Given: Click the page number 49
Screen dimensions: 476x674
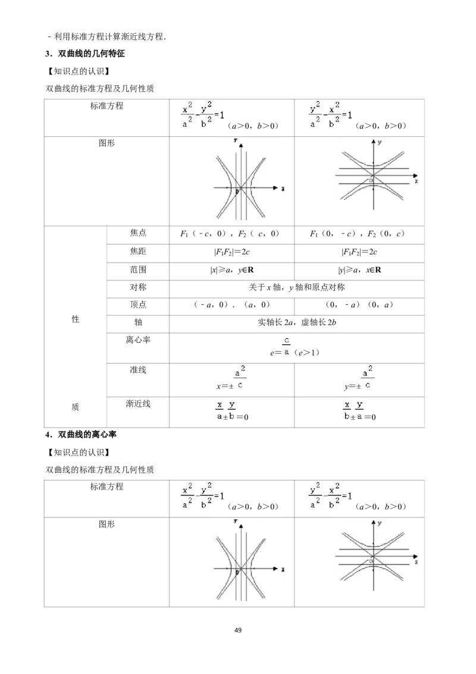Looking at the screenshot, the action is [238, 630].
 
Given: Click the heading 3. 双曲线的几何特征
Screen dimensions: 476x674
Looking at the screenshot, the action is [85, 54].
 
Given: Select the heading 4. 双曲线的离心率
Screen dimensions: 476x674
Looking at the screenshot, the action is [81, 435].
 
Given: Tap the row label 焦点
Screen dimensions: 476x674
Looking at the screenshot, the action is [138, 233].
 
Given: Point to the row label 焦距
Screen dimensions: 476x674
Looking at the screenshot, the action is [138, 251].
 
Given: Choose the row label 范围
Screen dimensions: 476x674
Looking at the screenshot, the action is [138, 270].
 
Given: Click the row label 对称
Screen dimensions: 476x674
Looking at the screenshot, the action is [138, 287].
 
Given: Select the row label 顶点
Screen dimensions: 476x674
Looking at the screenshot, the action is [138, 304].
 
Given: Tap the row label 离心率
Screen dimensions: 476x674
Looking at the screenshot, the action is [138, 340].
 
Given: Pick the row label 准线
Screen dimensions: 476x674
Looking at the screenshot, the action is [138, 370].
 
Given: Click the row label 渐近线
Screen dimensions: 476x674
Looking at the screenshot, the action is [138, 404].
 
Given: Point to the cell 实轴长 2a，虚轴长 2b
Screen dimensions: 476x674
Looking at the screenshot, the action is [297, 322].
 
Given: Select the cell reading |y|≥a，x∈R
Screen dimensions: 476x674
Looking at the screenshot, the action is [359, 270].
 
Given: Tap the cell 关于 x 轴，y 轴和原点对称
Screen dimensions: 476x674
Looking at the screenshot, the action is [297, 287].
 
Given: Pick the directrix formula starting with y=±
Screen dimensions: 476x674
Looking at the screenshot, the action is [358, 378].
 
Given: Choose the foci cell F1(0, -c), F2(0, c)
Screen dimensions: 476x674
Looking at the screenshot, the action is [358, 234].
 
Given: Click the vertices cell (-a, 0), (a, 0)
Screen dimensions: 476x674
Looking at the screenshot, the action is [232, 305].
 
